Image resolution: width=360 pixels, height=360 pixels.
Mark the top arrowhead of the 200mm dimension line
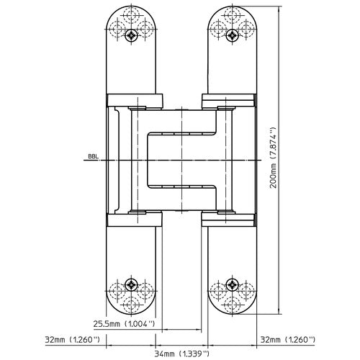click(x=279, y=6)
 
